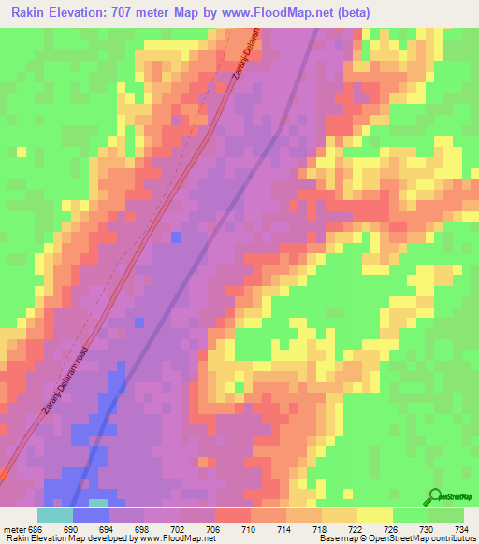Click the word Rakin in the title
click(x=30, y=13)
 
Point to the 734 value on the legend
click(x=458, y=529)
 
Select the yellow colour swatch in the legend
click(x=374, y=515)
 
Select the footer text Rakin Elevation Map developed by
click(x=65, y=539)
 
